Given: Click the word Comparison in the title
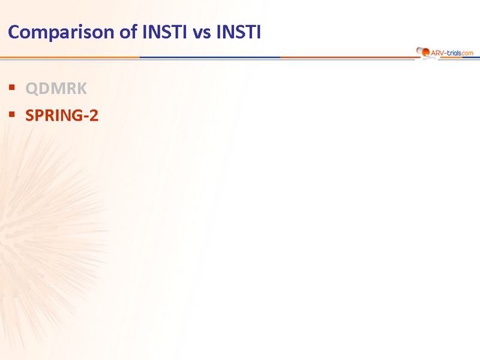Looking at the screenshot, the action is [61, 32].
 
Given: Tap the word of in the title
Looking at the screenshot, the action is [128, 32].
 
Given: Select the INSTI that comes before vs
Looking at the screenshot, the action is [164, 32].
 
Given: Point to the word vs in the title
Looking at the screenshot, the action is [202, 34].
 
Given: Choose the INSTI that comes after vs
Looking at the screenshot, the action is [238, 32].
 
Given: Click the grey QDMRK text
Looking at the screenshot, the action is [56, 88].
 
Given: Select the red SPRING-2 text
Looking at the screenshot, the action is [62, 115].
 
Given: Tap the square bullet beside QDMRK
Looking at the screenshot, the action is [12, 88].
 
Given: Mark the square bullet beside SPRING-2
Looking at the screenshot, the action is [12, 115].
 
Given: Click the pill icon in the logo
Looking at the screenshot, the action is [423, 52].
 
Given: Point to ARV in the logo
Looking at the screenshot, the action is [437, 53].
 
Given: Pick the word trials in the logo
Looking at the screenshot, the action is [454, 53].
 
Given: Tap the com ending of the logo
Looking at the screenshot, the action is [467, 53].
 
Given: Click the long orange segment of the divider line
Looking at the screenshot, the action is [70, 57].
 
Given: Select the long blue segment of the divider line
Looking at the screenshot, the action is [211, 57].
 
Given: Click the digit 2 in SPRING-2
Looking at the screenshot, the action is [94, 115].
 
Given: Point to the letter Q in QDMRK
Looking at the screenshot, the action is [32, 89].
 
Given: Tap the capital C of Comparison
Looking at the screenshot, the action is [14, 32].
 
